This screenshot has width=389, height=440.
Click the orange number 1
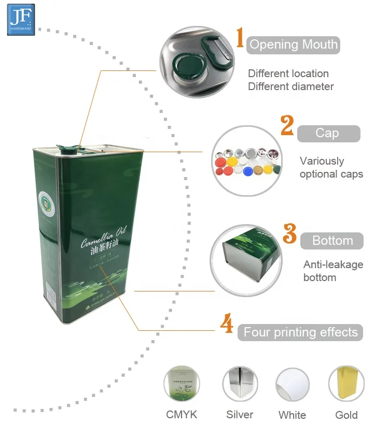pos(240,39)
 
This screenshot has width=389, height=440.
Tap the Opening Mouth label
pos(294,45)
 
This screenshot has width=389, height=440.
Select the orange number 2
pos(287,126)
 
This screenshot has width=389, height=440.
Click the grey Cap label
pos(328,134)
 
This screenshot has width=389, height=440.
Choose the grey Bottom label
pos(332,241)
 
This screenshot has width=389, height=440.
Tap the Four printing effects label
pos(301,332)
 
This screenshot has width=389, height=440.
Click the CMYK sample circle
pos(182,384)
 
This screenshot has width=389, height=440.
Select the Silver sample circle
pos(240,384)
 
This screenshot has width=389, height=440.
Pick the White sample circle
pos(293,384)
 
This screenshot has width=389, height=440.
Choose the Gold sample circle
pos(346,384)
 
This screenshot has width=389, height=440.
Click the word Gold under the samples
pos(346,415)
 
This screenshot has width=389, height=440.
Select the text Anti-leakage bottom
pos(333,271)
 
